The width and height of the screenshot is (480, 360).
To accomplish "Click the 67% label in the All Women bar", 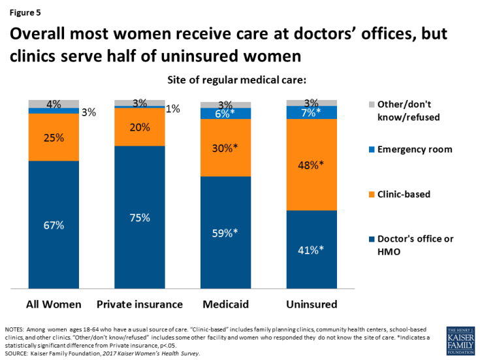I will tap(54, 225).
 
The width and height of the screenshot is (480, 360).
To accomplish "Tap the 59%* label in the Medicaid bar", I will tap(225, 233).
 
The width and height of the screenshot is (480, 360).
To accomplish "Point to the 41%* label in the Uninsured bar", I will tap(312, 249).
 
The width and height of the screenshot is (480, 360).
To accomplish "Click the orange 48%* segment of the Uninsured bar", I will tap(312, 165).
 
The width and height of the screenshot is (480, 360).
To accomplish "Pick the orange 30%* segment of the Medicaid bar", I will tap(225, 148).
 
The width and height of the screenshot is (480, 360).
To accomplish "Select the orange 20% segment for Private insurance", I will tap(139, 127).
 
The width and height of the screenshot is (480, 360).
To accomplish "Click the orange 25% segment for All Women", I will tap(54, 137).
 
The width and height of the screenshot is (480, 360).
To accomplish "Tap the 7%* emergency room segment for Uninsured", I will tap(312, 112).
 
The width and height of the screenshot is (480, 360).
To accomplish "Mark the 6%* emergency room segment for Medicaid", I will tap(225, 113).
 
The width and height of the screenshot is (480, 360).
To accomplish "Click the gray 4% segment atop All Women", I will tap(54, 104).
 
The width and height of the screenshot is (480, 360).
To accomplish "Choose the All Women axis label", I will tap(54, 304).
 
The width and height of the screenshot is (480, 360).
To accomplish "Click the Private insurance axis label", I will tap(139, 304).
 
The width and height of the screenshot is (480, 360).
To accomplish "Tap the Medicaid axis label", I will tap(225, 304).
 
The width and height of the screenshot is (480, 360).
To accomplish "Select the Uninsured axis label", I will tap(312, 304).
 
